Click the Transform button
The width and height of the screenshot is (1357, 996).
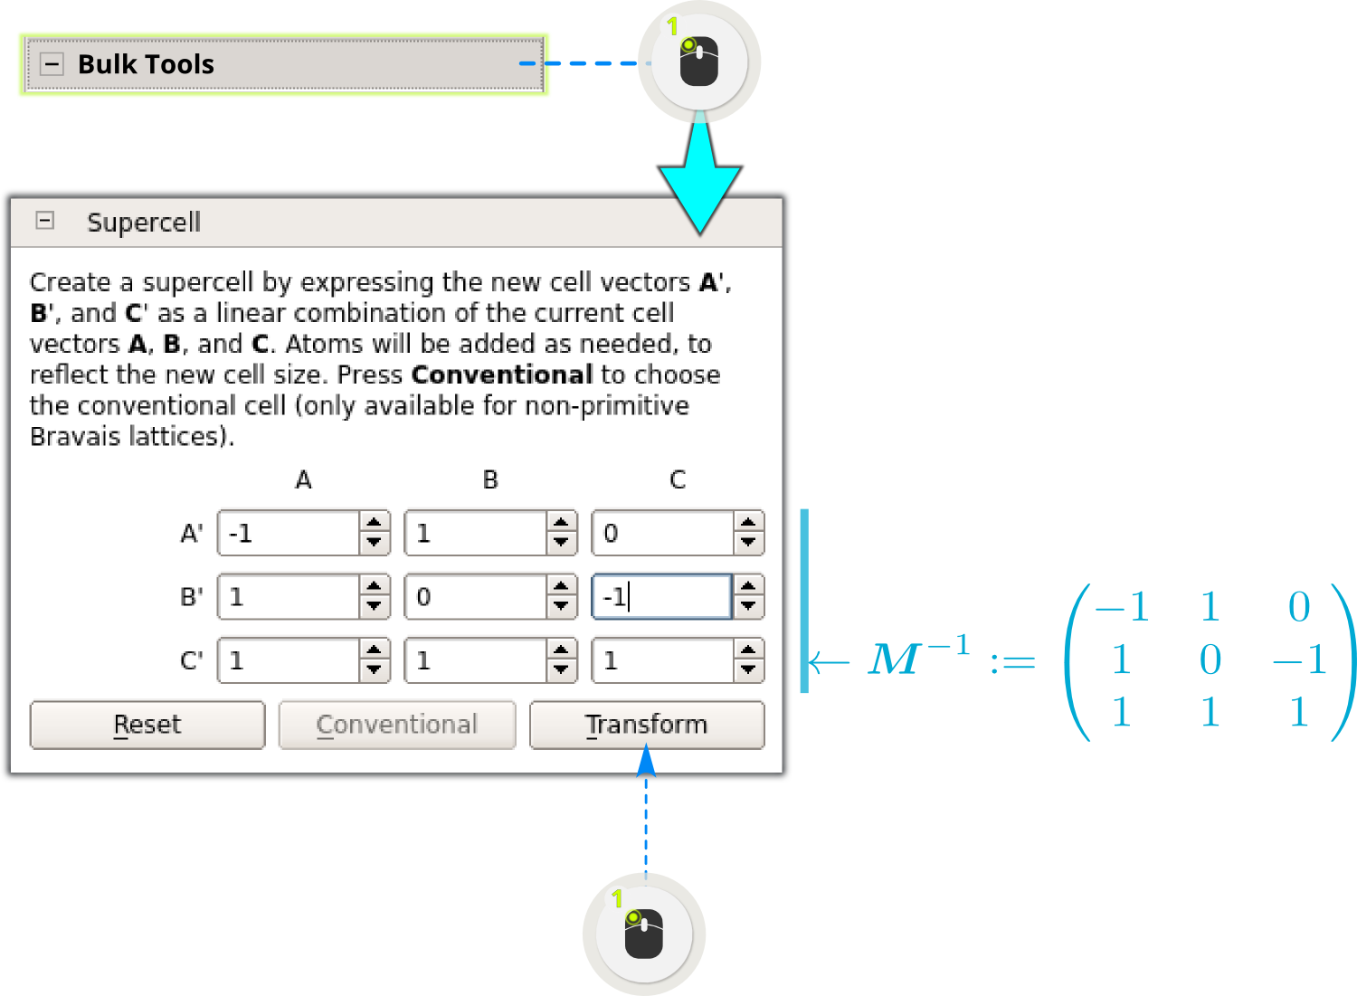pyautogui.click(x=647, y=725)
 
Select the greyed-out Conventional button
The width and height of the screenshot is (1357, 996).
pyautogui.click(x=397, y=725)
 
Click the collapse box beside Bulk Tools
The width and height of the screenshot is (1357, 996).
pyautogui.click(x=52, y=63)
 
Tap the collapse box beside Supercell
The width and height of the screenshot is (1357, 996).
pyautogui.click(x=45, y=221)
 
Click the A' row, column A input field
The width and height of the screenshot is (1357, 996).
pyautogui.click(x=289, y=533)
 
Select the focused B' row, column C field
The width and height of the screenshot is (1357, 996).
pyautogui.click(x=661, y=597)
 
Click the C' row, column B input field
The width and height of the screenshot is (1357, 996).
pyautogui.click(x=476, y=659)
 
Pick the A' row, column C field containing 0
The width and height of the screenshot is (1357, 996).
pyautogui.click(x=663, y=533)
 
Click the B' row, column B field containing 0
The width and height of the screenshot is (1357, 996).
pyautogui.click(x=476, y=597)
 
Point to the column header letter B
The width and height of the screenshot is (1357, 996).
pyautogui.click(x=490, y=479)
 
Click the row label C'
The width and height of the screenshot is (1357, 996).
pyautogui.click(x=192, y=659)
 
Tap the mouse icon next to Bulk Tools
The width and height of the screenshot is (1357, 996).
pyautogui.click(x=699, y=62)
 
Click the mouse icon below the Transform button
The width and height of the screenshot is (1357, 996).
pyautogui.click(x=644, y=934)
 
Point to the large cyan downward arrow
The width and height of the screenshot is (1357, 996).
pyautogui.click(x=699, y=175)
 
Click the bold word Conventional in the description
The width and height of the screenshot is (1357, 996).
pyautogui.click(x=501, y=375)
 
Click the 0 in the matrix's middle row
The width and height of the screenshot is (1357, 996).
pyautogui.click(x=1210, y=659)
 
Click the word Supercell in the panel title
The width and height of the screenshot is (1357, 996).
pyautogui.click(x=144, y=223)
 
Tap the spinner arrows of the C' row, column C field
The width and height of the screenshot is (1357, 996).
pyautogui.click(x=748, y=659)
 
